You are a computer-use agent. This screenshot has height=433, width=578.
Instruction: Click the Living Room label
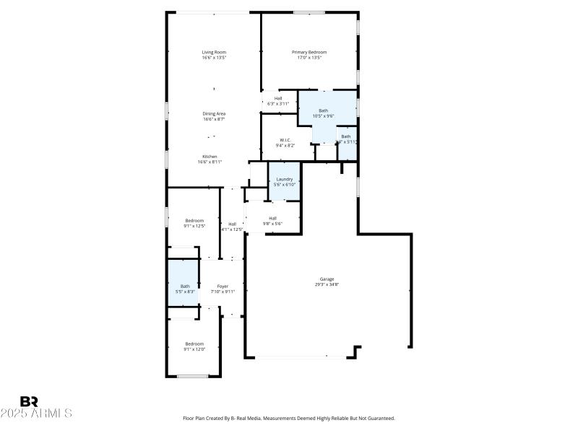214,52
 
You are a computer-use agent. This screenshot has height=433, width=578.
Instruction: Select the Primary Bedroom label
309,52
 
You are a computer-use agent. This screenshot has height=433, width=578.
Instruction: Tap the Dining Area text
214,113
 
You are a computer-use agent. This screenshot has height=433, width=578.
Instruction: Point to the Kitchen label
210,157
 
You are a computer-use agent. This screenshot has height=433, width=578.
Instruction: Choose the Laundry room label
284,179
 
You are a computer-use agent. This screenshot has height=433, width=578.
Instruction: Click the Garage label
327,279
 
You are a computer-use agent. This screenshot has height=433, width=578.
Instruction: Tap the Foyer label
223,287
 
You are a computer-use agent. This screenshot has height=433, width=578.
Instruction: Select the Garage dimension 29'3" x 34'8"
327,284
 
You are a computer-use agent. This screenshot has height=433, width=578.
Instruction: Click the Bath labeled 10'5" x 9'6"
323,110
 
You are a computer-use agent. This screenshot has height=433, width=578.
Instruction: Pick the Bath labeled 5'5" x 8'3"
185,286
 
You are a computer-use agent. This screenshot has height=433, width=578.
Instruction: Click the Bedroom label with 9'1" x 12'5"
194,220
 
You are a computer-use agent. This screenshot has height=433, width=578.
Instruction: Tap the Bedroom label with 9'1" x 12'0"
194,344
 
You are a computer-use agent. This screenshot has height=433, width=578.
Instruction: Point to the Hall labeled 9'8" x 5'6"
272,218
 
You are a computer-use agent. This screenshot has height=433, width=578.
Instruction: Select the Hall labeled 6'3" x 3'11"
278,98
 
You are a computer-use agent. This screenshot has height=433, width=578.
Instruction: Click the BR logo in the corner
29,401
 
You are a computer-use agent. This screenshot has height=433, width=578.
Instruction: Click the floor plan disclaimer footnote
289,418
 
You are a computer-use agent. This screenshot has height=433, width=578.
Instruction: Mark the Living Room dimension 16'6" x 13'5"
214,58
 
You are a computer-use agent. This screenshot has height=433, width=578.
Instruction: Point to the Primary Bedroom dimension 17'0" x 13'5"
309,58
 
